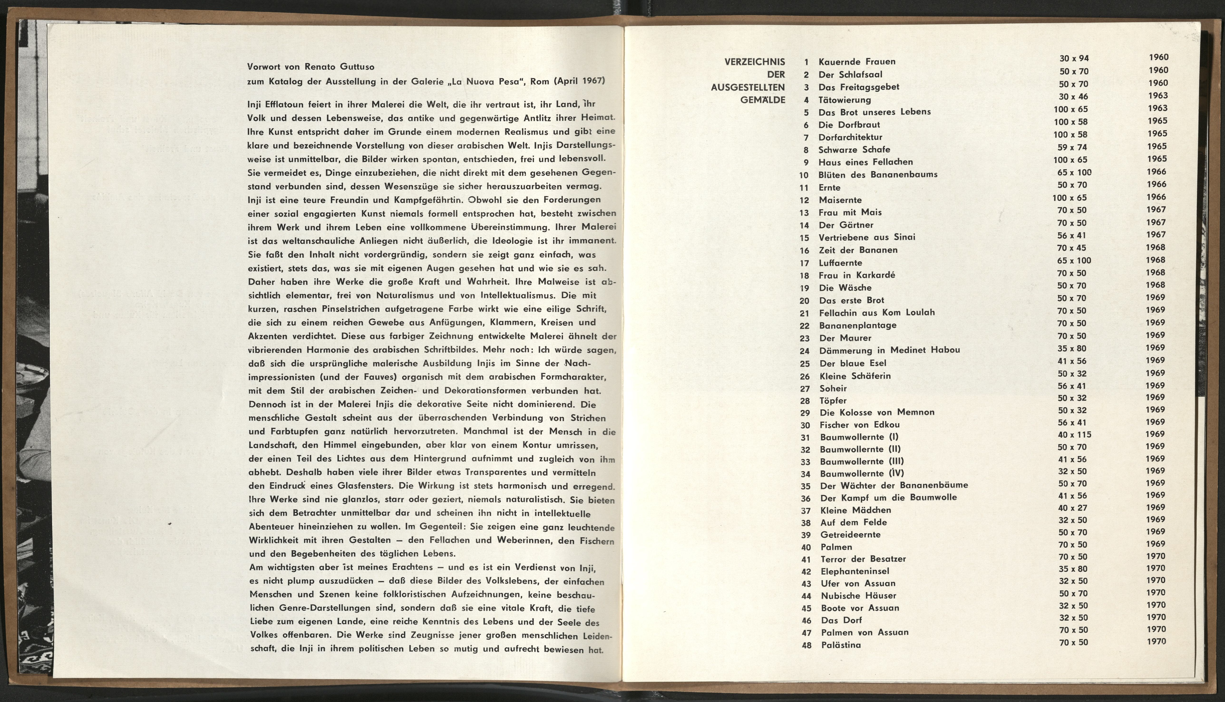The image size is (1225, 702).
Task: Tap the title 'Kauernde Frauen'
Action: pyautogui.click(x=857, y=62)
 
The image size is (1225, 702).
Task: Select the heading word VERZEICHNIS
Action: pyautogui.click(x=755, y=62)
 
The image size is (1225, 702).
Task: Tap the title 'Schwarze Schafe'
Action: pyautogui.click(x=854, y=150)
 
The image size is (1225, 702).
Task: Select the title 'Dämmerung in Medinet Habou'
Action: pyautogui.click(x=890, y=351)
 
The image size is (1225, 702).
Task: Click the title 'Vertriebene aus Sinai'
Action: pyautogui.click(x=867, y=237)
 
